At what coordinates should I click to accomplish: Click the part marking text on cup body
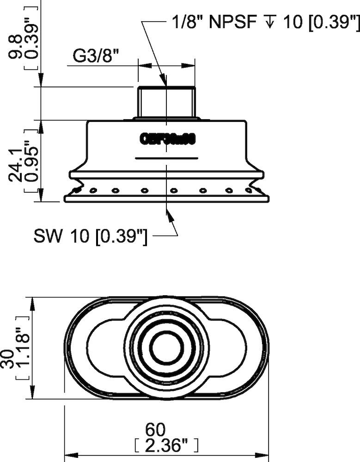(x=168, y=139)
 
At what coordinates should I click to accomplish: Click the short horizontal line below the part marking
(x=166, y=158)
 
